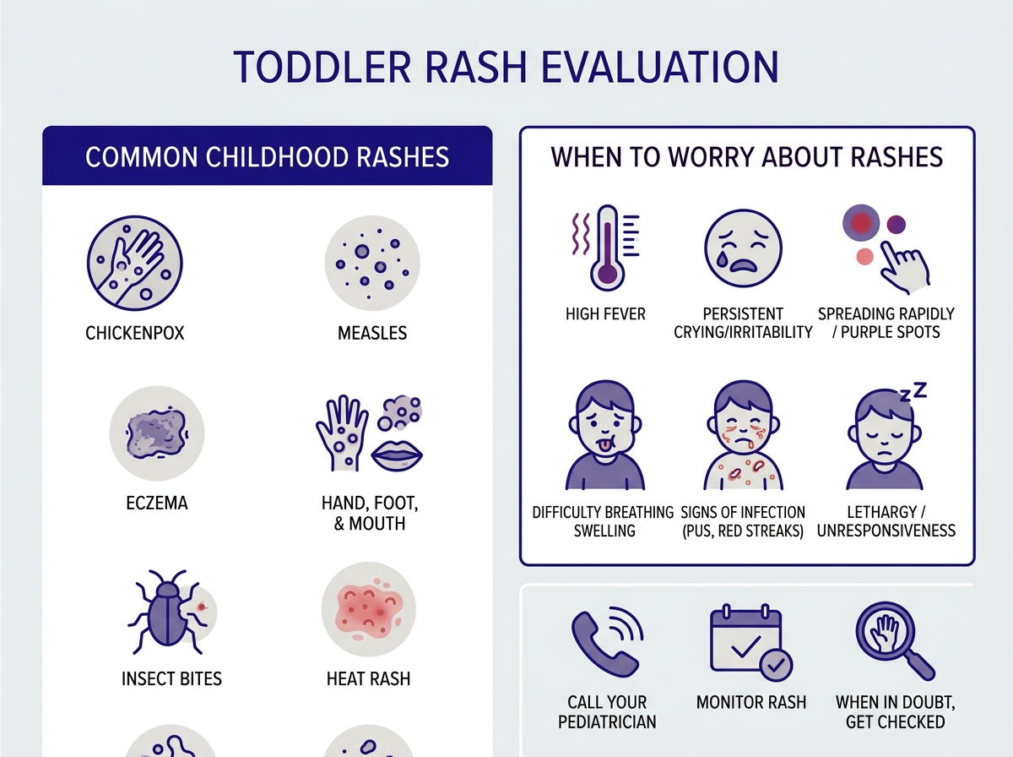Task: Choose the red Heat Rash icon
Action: pyautogui.click(x=368, y=608)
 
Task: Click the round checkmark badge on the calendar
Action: pyautogui.click(x=774, y=665)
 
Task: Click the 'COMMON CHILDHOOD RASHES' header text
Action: pyautogui.click(x=267, y=157)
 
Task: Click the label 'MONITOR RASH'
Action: pyautogui.click(x=750, y=702)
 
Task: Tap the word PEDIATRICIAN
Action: pyautogui.click(x=606, y=722)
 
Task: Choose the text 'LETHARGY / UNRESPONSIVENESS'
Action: pyautogui.click(x=886, y=522)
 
